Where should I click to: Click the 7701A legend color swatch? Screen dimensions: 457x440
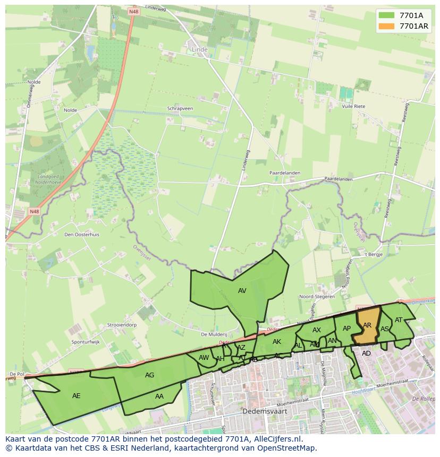[x=387, y=15]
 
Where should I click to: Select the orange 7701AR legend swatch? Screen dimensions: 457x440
[x=387, y=26]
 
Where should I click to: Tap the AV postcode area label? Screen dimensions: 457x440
[x=242, y=291]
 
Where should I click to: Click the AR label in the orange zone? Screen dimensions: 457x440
[x=367, y=325]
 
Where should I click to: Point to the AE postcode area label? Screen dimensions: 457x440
[x=77, y=396]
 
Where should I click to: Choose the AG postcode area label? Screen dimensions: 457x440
[x=150, y=375]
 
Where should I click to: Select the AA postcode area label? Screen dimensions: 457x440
[x=159, y=396]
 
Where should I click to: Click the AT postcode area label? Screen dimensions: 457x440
[x=399, y=320]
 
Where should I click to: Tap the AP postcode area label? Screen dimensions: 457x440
[x=346, y=329]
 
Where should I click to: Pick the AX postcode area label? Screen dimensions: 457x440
[x=317, y=330]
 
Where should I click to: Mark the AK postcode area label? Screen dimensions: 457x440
[x=276, y=342]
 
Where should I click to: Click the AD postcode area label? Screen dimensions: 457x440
[x=366, y=353]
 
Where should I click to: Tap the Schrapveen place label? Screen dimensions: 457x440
[x=180, y=108]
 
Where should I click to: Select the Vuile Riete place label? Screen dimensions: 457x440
[x=354, y=106]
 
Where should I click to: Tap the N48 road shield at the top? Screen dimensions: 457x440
[x=133, y=11]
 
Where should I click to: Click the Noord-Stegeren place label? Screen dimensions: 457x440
[x=317, y=297]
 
